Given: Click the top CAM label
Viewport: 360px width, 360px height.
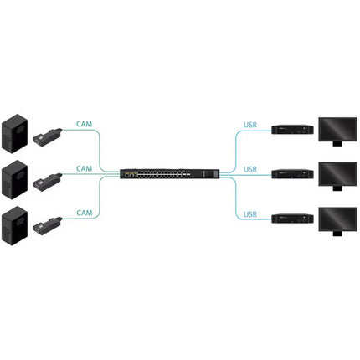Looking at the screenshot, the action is coord(84,124).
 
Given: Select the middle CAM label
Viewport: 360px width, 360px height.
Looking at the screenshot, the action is coord(84,169).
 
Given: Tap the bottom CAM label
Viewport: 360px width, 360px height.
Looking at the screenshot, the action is coord(84,213).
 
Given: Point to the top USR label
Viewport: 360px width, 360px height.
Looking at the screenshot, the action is coord(250,125).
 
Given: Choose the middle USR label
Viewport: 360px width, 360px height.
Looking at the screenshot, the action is coord(250,169).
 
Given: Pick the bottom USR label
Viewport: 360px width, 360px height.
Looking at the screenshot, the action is coord(250,214).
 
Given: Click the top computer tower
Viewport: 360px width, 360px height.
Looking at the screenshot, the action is coord(15,133).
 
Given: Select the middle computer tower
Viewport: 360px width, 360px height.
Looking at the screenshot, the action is coord(15,180).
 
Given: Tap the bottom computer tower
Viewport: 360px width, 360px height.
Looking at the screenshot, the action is coord(15,226).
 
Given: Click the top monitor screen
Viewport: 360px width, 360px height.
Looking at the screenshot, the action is coord(337,129).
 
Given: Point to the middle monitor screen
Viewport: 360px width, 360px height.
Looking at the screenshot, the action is coord(337,174).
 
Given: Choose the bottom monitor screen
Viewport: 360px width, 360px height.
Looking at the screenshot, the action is coord(337,219).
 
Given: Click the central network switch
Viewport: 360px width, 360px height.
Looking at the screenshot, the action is coord(170,174).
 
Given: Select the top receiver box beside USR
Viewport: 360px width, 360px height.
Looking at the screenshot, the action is coord(293,130).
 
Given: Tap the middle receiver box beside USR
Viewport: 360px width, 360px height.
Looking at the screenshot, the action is coord(293,174).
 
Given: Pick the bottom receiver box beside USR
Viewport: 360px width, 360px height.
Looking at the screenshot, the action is coord(293,219).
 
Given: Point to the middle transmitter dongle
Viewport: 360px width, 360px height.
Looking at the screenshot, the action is coord(47,181).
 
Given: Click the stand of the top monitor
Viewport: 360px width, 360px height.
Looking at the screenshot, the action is coord(337,144).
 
